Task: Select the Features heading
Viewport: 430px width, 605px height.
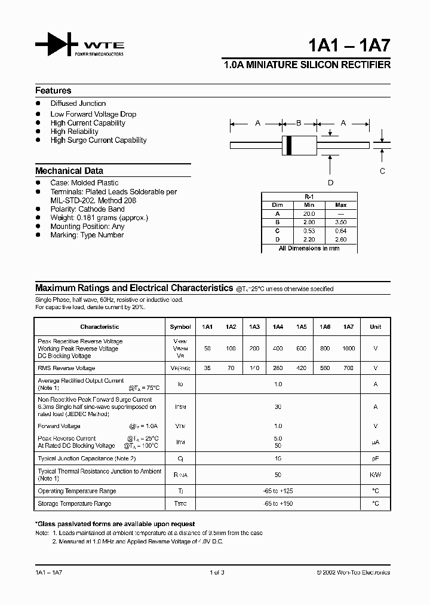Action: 53,91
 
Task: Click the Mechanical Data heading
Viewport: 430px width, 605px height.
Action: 69,170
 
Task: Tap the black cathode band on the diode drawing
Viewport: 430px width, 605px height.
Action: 289,145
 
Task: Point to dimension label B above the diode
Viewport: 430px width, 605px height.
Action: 299,123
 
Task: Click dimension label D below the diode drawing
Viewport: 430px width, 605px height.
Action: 330,183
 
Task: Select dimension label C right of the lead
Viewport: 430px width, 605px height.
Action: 383,171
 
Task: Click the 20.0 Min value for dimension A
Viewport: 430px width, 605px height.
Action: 308,213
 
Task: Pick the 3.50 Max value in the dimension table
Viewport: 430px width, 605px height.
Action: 341,222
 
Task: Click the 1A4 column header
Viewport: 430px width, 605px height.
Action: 278,327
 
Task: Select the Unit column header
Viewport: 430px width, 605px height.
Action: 375,327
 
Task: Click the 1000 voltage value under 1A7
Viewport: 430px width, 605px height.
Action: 348,348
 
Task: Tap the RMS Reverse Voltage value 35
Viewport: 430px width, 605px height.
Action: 207,368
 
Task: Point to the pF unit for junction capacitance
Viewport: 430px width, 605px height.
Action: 375,459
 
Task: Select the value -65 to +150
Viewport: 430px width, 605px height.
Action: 278,504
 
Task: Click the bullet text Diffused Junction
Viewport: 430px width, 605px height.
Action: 78,104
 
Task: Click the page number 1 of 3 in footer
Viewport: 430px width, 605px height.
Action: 217,573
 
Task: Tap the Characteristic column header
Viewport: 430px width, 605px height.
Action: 100,327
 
